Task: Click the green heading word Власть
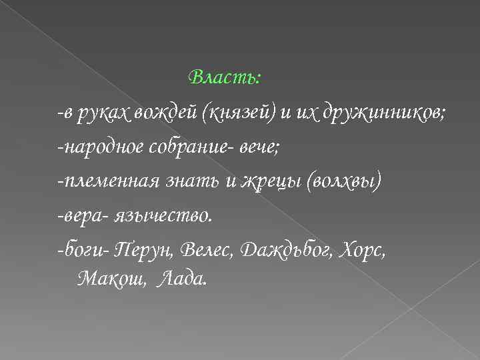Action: pyautogui.click(x=224, y=77)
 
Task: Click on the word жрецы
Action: pyautogui.click(x=267, y=183)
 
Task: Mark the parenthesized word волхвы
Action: pyautogui.click(x=344, y=183)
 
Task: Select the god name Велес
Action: pyautogui.click(x=206, y=251)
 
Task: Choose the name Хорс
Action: pyautogui.click(x=361, y=252)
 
